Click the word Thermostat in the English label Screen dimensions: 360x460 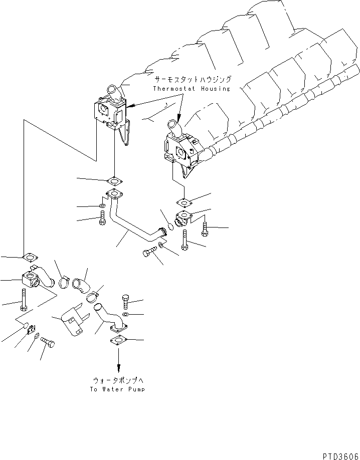point(174,89)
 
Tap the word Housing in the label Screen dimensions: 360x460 point(215,89)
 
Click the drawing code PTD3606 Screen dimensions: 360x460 point(341,456)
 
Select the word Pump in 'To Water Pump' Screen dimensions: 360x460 point(136,389)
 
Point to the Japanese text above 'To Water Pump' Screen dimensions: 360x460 point(118,380)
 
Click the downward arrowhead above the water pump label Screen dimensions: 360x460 point(119,368)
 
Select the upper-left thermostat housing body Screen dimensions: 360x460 point(110,111)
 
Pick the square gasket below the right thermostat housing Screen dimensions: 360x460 point(184,202)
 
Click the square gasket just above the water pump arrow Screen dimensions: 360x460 point(118,340)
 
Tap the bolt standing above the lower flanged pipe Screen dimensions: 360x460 point(126,301)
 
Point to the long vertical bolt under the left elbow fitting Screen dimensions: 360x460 point(24,300)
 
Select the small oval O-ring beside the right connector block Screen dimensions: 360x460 point(171,226)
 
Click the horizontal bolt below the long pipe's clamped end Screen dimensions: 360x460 point(150,252)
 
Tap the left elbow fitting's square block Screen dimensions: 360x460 point(30,279)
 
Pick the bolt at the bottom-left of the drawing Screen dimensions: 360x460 point(48,342)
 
